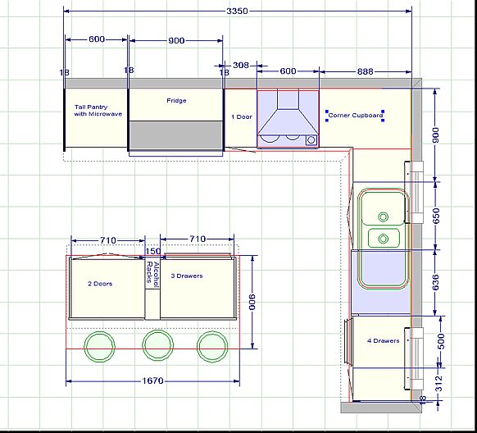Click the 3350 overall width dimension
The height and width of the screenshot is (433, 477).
click(x=238, y=11)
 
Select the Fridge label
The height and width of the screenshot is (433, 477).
click(x=176, y=100)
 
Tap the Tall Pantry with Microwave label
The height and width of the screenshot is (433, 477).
click(x=98, y=111)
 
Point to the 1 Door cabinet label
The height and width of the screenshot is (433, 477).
click(x=242, y=116)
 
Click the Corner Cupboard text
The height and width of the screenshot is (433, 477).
click(x=356, y=116)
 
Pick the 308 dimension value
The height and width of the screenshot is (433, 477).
click(x=241, y=65)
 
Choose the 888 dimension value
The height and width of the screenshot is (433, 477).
click(x=365, y=71)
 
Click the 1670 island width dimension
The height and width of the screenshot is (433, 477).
click(x=152, y=381)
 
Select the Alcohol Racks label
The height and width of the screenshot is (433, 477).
click(x=153, y=275)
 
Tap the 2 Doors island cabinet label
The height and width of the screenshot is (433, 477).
click(x=100, y=284)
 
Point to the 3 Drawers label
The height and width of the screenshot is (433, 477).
click(x=187, y=276)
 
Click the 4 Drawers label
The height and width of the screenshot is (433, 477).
click(x=384, y=341)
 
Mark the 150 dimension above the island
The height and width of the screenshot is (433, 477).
click(x=152, y=251)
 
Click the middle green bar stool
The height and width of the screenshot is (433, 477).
click(x=158, y=346)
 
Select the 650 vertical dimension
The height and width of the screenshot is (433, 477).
click(x=436, y=216)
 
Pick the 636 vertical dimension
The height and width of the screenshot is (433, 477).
click(x=436, y=282)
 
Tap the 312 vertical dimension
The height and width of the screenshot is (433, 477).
click(x=438, y=384)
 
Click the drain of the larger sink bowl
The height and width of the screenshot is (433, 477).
click(x=383, y=217)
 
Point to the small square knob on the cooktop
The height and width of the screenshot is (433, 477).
click(x=311, y=140)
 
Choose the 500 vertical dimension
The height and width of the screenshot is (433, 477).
click(x=441, y=342)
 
